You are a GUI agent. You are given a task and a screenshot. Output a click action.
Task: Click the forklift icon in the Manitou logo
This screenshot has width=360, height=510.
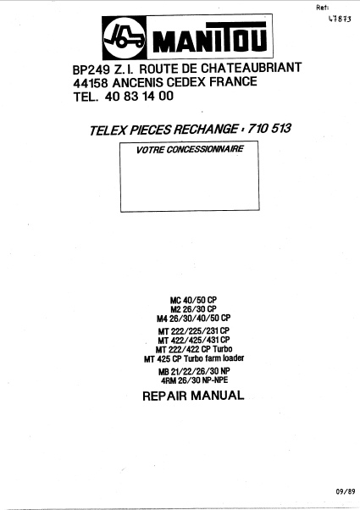pos(125,37)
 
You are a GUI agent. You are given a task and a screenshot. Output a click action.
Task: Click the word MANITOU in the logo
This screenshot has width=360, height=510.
pos(210,38)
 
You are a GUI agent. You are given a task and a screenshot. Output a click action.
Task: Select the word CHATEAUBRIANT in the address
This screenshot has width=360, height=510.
pos(251,68)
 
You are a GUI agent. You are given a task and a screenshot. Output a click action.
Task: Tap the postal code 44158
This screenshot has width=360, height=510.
pos(90,83)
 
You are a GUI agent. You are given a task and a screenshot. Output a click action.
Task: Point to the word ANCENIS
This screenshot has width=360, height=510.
pos(138,83)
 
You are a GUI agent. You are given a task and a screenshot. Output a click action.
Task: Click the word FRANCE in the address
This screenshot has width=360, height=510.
pos(233,81)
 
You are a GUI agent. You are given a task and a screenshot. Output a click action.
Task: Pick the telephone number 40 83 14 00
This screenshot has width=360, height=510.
pos(139,97)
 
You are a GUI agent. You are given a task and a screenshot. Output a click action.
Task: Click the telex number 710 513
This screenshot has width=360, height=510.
pos(269,128)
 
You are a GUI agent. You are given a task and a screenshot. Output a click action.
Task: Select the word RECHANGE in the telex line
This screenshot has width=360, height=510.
pos(205,129)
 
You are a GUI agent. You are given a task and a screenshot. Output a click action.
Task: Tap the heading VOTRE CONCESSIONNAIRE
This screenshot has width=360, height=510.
pos(190,149)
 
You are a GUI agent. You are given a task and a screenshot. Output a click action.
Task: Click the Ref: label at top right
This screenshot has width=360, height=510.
pos(322,8)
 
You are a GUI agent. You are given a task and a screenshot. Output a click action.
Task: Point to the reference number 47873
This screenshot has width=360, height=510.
pos(340,19)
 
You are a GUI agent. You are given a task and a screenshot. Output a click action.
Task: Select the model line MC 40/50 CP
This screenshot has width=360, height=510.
pos(193,300)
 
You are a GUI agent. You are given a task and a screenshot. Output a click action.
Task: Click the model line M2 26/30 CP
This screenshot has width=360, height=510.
pos(193,308)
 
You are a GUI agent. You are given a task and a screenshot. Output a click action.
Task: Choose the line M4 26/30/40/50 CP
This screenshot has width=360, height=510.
pos(193,318)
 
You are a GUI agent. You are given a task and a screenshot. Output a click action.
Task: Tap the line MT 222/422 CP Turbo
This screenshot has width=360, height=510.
pos(194,349)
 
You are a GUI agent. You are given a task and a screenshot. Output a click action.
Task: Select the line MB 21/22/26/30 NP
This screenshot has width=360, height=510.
pos(194,371)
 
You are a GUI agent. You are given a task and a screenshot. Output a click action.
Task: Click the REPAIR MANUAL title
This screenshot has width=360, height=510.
pos(193,396)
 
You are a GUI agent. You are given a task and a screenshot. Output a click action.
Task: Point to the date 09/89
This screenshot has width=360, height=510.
pos(346,491)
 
